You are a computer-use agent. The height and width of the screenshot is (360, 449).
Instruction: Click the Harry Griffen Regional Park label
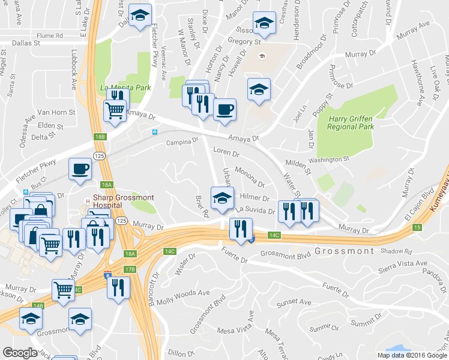[x=351, y=122]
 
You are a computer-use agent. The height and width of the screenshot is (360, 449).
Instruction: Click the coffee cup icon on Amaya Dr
[x=224, y=110]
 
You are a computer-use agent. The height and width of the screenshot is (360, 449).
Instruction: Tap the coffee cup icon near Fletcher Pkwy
[x=80, y=169]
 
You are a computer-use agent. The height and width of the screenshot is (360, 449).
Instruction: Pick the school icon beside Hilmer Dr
[x=221, y=197]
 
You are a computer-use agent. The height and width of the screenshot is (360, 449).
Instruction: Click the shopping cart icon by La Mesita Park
[x=115, y=110]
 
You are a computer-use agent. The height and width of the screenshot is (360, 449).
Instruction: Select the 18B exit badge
[x=100, y=137]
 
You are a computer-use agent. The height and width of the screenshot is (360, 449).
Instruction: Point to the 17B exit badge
[x=130, y=269]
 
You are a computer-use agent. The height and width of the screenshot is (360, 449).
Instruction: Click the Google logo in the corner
[x=20, y=353]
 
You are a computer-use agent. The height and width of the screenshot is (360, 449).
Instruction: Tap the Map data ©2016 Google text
[x=412, y=355]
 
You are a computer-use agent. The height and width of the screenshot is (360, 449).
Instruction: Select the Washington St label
[x=329, y=159]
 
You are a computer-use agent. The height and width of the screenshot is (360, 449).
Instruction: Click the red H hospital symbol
[x=88, y=201]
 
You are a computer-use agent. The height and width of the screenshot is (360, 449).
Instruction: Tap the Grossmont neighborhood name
[x=344, y=251]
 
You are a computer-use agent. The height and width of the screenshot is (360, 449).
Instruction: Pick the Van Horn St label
[x=56, y=112]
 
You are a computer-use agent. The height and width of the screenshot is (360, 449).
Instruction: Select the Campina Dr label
[x=182, y=143]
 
